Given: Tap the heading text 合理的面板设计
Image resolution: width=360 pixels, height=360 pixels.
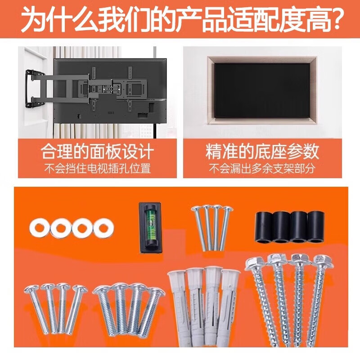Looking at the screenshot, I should [x=97, y=152].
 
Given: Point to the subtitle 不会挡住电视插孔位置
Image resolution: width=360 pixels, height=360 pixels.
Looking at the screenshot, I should [x=97, y=169].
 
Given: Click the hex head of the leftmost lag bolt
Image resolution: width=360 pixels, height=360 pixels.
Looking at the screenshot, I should [x=255, y=265].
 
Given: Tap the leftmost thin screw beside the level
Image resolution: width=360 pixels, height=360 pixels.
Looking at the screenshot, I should [x=198, y=227].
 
